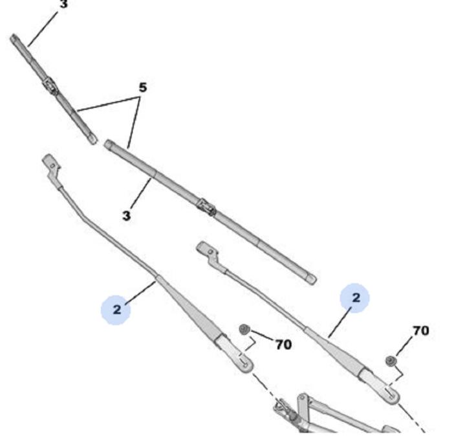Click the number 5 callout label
[142, 87]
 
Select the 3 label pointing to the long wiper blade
[127, 215]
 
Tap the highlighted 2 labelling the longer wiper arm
[116, 310]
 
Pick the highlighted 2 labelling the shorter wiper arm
[355, 298]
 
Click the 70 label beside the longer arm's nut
[283, 345]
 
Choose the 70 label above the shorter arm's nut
[420, 331]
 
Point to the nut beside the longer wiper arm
[244, 330]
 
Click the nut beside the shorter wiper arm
[390, 361]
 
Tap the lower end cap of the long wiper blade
[311, 279]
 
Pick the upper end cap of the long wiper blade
[109, 145]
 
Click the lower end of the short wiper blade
[92, 139]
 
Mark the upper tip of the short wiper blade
[14, 39]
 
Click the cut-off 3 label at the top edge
[63, 4]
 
